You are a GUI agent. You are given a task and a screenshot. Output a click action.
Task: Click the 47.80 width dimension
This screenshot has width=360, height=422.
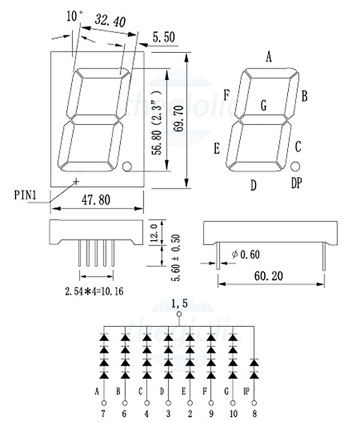[x=96, y=200]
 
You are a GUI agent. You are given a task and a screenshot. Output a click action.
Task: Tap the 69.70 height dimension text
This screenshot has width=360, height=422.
[x=178, y=118]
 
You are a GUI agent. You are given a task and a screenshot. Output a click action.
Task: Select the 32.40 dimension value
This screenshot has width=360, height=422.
[x=110, y=20]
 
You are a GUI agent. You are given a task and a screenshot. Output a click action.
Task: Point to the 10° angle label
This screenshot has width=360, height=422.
[x=74, y=16]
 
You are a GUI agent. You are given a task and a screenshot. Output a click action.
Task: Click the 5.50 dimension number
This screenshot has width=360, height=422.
[x=164, y=37]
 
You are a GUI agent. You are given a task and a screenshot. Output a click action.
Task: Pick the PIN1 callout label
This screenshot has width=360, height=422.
[x=25, y=195]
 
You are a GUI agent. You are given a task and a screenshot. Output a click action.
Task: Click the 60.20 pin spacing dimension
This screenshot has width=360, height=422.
[x=269, y=276]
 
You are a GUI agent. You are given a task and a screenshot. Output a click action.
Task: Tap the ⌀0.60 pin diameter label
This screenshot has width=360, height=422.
[x=246, y=255]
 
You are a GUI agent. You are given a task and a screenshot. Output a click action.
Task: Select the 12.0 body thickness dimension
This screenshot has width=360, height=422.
[x=154, y=233]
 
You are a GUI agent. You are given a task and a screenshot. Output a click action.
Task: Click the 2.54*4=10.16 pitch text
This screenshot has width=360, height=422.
[x=94, y=291]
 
